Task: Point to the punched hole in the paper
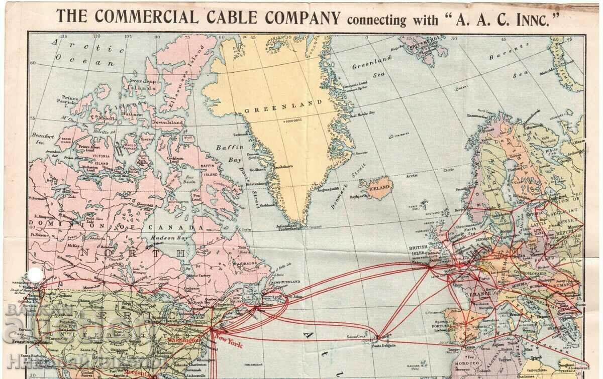(x=35, y=273)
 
